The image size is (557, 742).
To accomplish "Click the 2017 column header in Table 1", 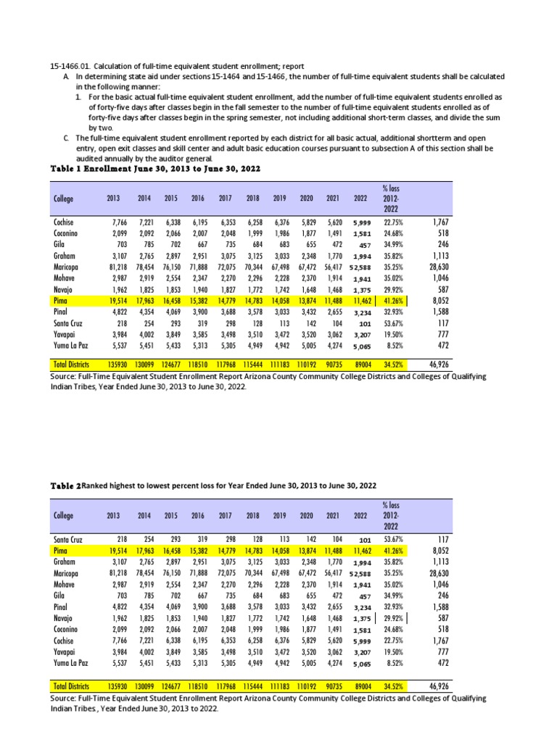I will pyautogui.click(x=225, y=198).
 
